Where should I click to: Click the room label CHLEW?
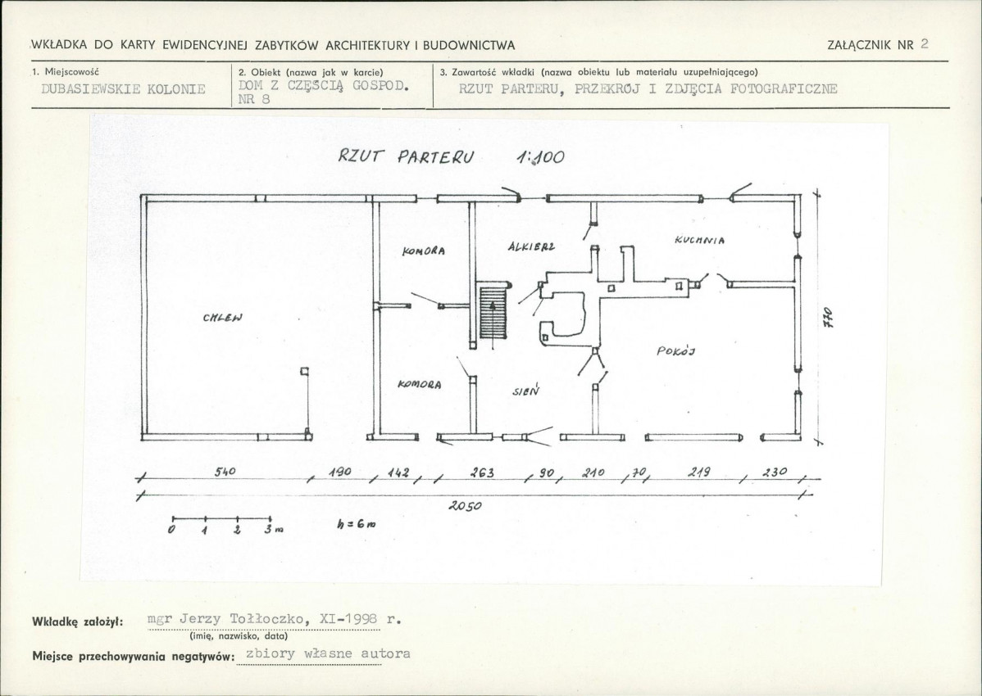pyautogui.click(x=222, y=317)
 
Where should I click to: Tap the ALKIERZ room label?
pyautogui.click(x=532, y=246)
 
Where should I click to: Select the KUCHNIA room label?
pyautogui.click(x=699, y=239)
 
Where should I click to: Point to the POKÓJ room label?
pyautogui.click(x=676, y=350)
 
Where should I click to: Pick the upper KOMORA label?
pyautogui.click(x=424, y=251)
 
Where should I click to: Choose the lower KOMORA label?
pyautogui.click(x=419, y=384)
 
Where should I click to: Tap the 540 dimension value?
pyautogui.click(x=225, y=472)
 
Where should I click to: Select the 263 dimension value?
pyautogui.click(x=482, y=472)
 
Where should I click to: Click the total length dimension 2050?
pyautogui.click(x=465, y=506)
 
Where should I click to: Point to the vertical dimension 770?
pyautogui.click(x=827, y=317)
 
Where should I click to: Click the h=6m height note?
pyautogui.click(x=357, y=525)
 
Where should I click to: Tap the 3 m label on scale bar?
pyautogui.click(x=273, y=530)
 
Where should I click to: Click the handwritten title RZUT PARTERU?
pyautogui.click(x=407, y=156)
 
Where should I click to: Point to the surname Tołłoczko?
pyautogui.click(x=269, y=619)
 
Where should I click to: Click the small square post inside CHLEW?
pyautogui.click(x=304, y=371)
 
